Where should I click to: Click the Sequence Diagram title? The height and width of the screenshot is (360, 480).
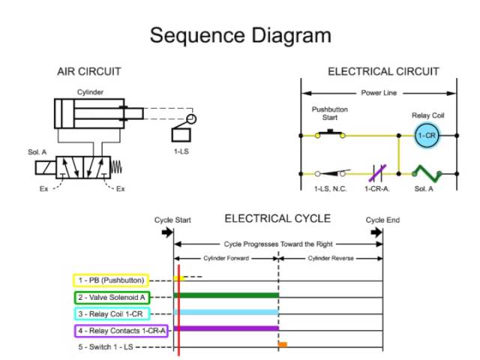[x=240, y=35]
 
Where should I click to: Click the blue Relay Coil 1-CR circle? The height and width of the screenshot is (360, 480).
[x=427, y=135]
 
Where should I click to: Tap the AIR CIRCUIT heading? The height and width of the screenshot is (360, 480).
[x=89, y=72]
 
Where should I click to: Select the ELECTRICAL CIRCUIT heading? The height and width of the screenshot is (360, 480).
[x=383, y=72]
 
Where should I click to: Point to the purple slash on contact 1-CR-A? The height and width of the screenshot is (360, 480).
[x=379, y=173]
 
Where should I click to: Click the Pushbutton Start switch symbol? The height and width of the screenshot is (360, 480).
[x=329, y=134]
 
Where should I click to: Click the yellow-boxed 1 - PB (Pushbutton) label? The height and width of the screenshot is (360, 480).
[x=110, y=280]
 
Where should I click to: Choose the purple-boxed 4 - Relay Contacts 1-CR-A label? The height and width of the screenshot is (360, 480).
[x=120, y=330]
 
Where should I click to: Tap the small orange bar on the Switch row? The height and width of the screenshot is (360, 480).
[x=283, y=344]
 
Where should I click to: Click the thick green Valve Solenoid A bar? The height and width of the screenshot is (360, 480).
[x=226, y=295]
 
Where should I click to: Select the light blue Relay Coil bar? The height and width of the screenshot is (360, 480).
[x=226, y=312]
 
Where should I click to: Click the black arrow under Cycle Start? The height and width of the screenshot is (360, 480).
[x=166, y=232]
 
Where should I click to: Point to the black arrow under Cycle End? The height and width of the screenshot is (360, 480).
[x=377, y=232]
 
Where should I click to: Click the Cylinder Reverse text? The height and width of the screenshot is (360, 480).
[x=331, y=258]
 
